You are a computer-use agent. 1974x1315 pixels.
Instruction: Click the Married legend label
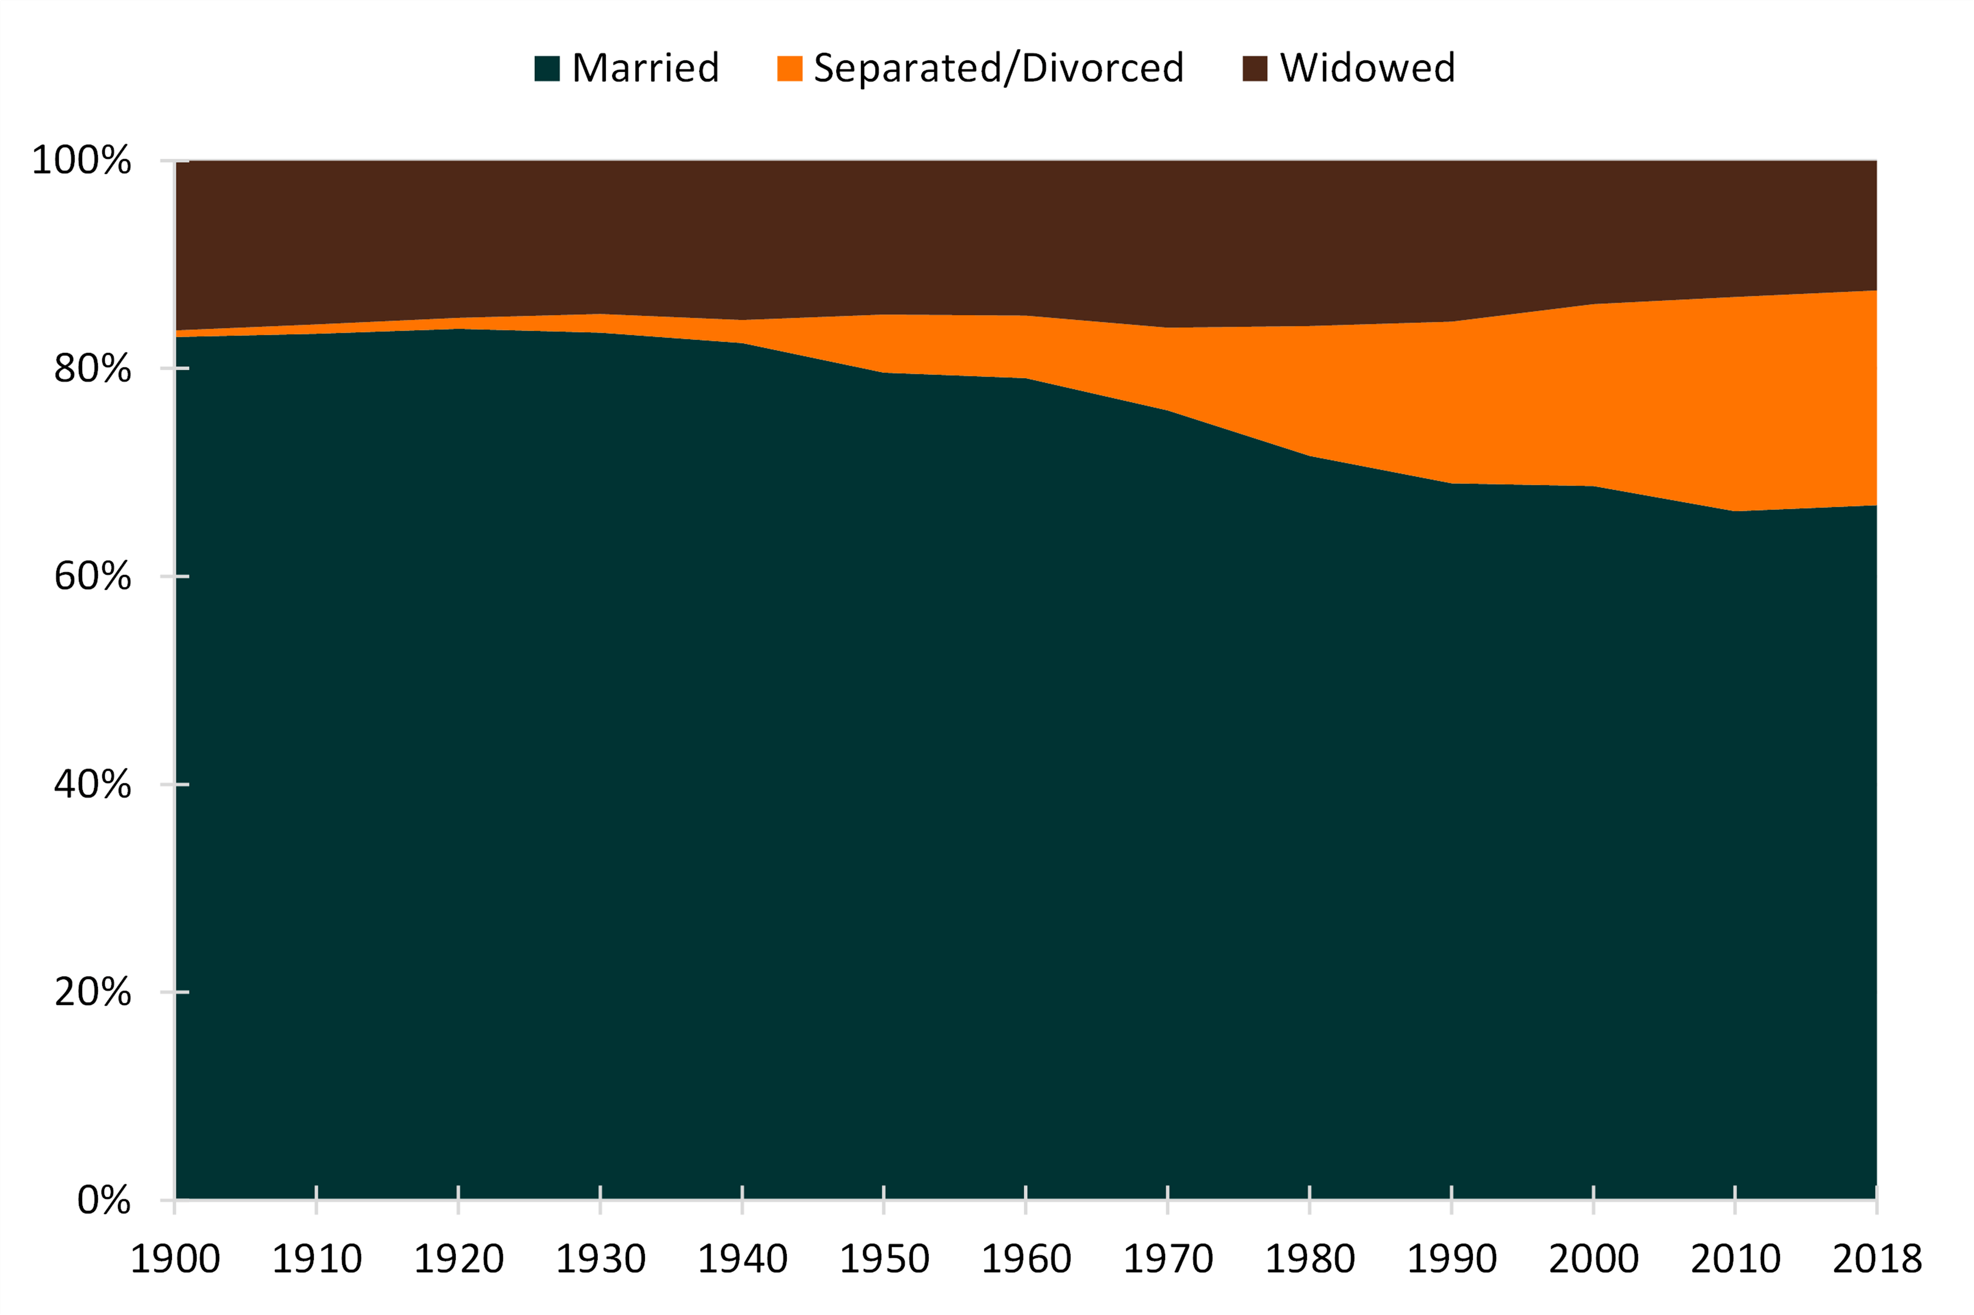click(645, 68)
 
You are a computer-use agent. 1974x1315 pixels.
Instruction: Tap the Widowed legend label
click(1368, 68)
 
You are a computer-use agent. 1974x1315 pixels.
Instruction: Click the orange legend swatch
click(790, 68)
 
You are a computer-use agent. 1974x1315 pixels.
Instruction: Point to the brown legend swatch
click(1254, 68)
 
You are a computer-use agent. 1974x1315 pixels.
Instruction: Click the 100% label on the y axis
click(81, 160)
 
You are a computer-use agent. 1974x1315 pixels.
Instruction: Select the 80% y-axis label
click(92, 368)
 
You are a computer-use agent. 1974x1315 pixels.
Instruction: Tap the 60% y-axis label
click(92, 576)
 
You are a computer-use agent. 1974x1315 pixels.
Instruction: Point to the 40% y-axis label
click(92, 784)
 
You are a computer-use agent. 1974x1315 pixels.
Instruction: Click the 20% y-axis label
click(92, 992)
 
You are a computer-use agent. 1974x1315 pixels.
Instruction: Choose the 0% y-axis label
click(104, 1200)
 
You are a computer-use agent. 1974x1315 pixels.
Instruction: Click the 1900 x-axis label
click(174, 1259)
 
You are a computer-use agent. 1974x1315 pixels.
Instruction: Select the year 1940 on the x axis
click(742, 1259)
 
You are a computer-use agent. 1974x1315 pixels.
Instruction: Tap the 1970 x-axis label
click(1168, 1259)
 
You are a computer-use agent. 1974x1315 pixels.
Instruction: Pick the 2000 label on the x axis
click(1593, 1259)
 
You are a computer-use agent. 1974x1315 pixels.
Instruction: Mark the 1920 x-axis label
click(458, 1259)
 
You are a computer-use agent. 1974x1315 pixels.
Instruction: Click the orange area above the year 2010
click(1735, 402)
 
